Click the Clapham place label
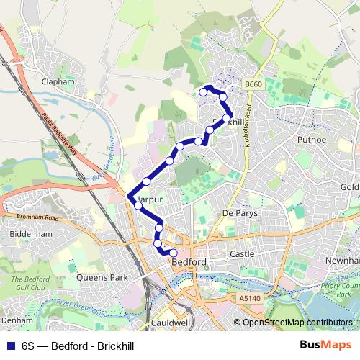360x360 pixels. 58,82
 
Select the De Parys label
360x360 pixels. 239,213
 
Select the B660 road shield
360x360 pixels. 252,84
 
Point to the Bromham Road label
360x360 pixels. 36,217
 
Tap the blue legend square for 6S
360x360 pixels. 10,345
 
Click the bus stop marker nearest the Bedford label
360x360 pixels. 173,252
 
